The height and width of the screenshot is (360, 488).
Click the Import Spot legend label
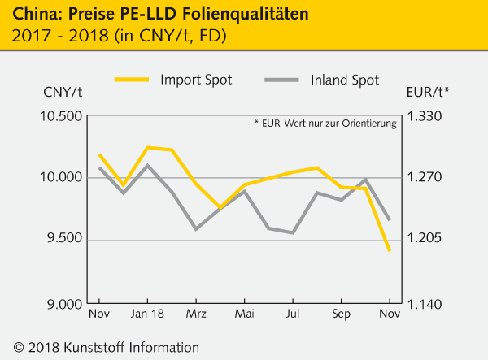tap(197, 80)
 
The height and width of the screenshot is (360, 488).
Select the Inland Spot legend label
tap(344, 80)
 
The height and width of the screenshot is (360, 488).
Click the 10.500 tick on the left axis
tap(61, 116)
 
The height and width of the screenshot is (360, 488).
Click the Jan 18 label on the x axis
tap(147, 314)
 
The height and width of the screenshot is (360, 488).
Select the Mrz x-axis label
tap(196, 314)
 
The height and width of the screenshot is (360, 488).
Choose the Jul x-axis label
tap(293, 314)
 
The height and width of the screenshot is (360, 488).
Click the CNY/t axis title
tap(62, 91)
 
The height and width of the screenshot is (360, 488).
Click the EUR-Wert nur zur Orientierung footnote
tap(325, 124)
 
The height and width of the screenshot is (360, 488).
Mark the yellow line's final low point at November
tap(390, 250)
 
